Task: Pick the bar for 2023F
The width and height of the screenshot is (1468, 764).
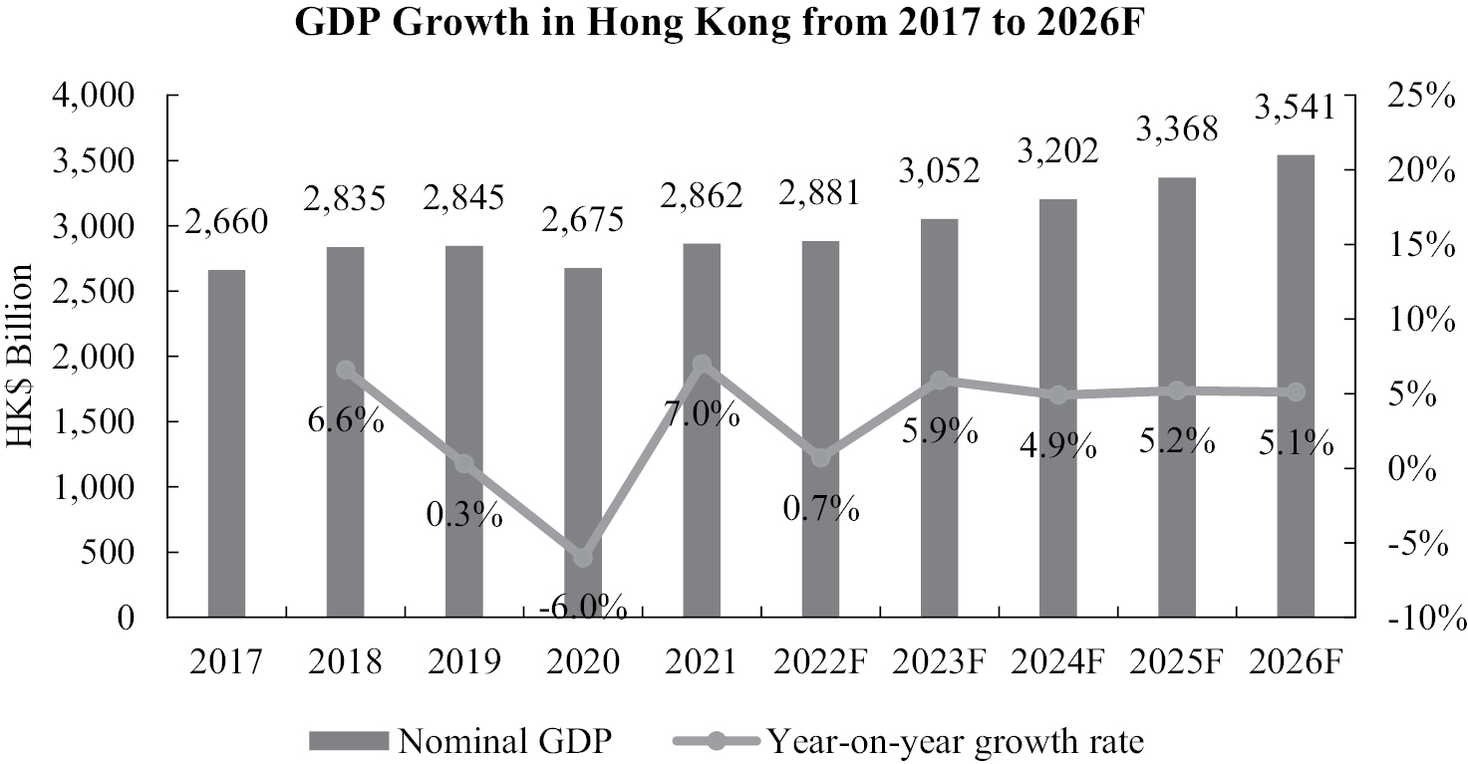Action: (x=939, y=417)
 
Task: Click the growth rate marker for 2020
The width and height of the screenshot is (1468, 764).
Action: (x=583, y=558)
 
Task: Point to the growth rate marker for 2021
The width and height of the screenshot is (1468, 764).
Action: (x=702, y=365)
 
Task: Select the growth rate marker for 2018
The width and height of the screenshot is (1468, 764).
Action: (x=346, y=371)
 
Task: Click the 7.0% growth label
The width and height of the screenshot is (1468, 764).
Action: (x=704, y=412)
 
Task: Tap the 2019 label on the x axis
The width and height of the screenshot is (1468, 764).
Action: (x=464, y=661)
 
